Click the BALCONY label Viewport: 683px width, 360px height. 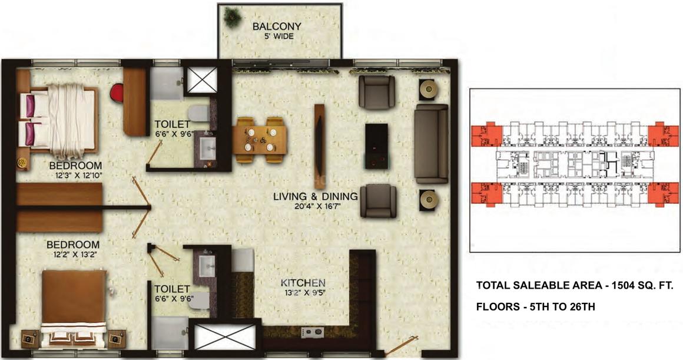click(277, 26)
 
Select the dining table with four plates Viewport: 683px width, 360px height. click(260, 139)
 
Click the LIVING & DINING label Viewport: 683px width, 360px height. click(316, 197)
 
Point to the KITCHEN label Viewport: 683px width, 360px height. click(303, 283)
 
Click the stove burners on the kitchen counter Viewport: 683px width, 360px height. click(312, 333)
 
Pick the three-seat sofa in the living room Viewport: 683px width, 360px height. click(431, 143)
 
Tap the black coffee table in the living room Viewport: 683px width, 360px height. click(376, 146)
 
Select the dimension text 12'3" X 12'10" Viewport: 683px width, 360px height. click(75, 175)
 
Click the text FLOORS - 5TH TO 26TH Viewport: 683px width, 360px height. click(535, 306)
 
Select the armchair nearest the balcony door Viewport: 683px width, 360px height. click(377, 92)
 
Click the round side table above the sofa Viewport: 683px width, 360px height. click(429, 90)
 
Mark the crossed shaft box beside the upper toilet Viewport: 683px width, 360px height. click(201, 80)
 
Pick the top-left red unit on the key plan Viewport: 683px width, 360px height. click(486, 136)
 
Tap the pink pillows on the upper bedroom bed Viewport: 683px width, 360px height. click(29, 118)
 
